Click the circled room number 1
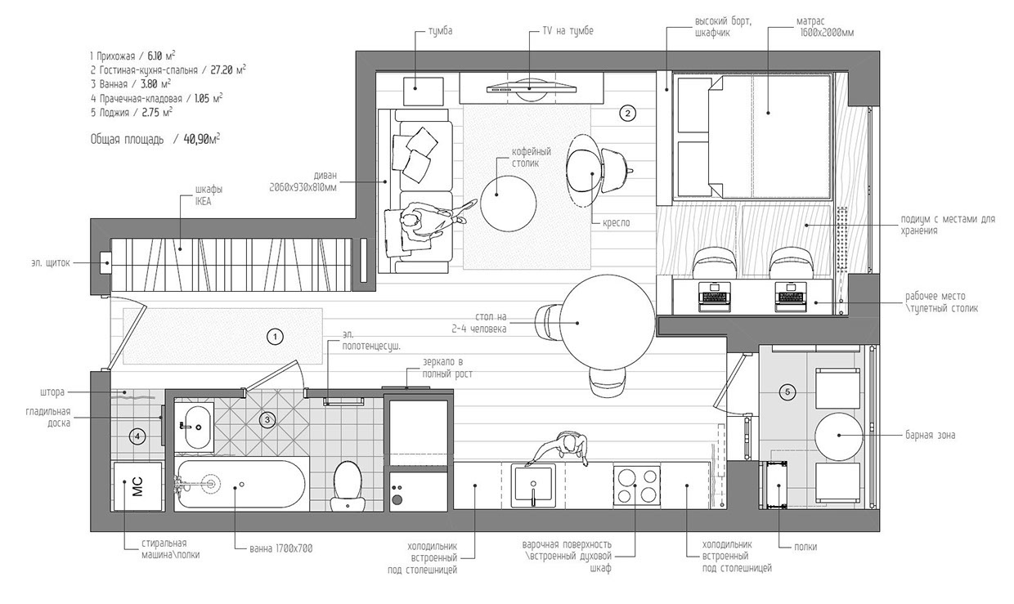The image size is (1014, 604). coord(275,337)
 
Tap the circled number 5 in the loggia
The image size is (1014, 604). coord(787,391)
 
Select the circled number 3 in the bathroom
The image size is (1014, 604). coord(267,420)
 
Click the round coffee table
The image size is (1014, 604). coord(508,204)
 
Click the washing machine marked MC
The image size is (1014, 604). coord(137,486)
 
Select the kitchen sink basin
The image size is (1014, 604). coord(533,485)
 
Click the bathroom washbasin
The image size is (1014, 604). coord(195,427)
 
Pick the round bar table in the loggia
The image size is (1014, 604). coord(839,436)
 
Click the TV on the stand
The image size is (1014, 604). coord(532,87)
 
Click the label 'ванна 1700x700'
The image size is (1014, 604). coord(280,548)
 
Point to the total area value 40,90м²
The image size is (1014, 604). coord(201,139)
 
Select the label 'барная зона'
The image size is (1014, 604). coord(931,436)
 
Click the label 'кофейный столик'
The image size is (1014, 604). coord(531,157)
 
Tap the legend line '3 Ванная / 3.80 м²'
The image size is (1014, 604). coord(130,84)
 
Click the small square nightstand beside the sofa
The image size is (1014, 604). coord(423,92)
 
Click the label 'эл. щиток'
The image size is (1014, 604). coord(51,263)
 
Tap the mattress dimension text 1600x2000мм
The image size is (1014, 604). coord(827,33)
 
